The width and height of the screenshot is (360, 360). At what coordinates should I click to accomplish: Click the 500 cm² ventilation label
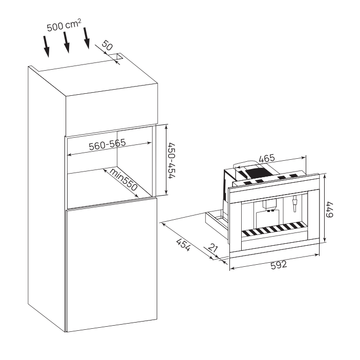pos(64,25)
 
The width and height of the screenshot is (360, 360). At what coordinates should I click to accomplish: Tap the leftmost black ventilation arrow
pos(47,47)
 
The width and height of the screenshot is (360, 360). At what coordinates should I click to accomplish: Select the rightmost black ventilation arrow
pos(87,38)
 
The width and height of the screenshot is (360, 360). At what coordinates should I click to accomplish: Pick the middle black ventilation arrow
pos(67,43)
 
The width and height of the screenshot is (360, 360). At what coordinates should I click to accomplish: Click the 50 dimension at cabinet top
pos(107,45)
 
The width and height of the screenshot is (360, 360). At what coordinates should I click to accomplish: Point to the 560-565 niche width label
pos(108,144)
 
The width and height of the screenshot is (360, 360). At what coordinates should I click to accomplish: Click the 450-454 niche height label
pos(172,160)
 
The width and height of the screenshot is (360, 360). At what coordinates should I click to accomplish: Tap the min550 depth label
pos(123,180)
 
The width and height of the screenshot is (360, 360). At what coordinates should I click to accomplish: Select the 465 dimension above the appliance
pos(267,158)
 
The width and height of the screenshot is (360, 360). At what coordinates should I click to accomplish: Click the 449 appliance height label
pos(330,209)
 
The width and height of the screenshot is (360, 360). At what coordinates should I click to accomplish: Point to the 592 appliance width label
pos(279,265)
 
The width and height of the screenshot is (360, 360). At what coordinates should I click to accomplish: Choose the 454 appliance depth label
pos(183,245)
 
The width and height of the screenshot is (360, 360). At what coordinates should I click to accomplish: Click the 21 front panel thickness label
pos(213,248)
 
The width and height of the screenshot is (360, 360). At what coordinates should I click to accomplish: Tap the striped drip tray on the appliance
pos(274,229)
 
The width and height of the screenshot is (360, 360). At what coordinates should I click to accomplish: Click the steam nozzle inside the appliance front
pos(294,203)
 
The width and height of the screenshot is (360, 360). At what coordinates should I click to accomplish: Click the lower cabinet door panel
pos(112,265)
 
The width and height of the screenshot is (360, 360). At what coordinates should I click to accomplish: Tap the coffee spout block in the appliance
pos(270,205)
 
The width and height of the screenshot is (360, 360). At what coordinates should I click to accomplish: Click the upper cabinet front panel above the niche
pos(112,109)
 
